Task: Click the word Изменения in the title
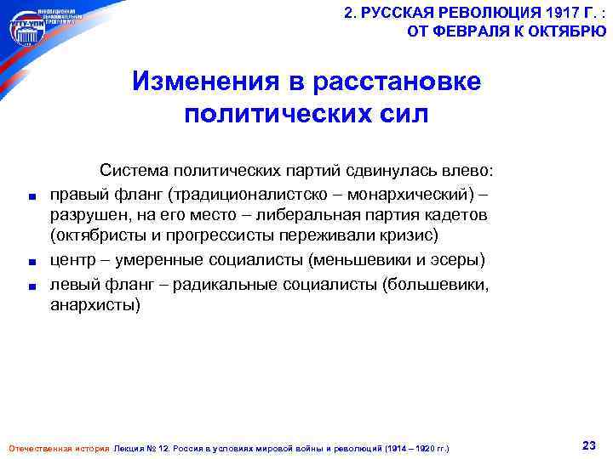[x=200, y=82]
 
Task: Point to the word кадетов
[x=455, y=214]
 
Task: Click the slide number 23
[x=587, y=445]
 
